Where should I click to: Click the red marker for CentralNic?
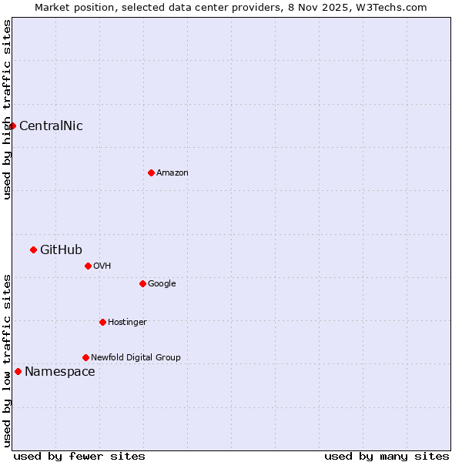pos(12,126)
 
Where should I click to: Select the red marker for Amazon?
pos(151,172)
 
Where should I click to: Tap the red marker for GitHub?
pos(33,249)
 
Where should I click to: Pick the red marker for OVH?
pos(88,266)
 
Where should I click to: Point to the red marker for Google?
pos(142,283)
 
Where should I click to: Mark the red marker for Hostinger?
pos(102,322)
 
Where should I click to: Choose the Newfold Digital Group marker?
pos(85,357)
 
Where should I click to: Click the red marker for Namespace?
pos(18,371)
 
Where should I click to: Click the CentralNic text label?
pos(51,126)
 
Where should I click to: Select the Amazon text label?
pos(172,173)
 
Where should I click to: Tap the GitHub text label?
pos(61,249)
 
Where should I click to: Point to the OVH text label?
pos(102,266)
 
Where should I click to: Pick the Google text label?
pos(162,284)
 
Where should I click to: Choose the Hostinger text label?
pos(127,323)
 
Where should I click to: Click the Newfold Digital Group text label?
pos(136,358)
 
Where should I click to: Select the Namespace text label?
pos(60,372)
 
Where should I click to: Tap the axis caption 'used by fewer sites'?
pos(79,457)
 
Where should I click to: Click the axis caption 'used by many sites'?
pos(387,457)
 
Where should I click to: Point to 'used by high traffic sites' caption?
pos(7,109)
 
